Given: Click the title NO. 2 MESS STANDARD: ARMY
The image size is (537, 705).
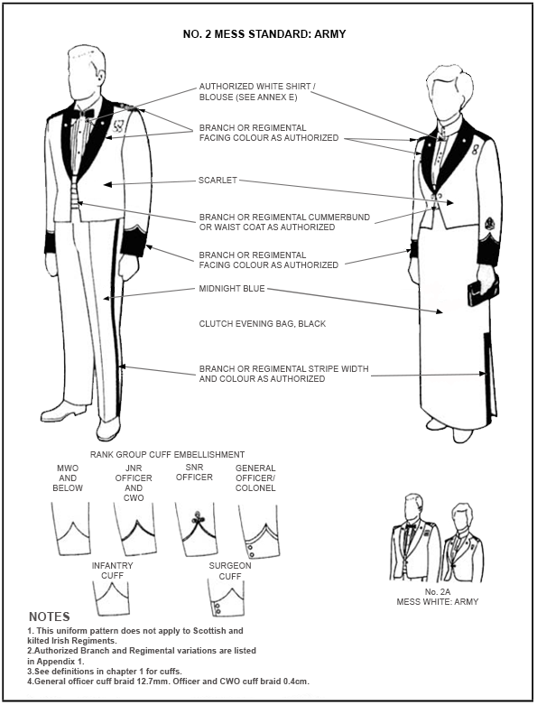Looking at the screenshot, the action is click(x=264, y=33).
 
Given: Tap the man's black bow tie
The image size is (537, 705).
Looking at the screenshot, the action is click(x=83, y=114).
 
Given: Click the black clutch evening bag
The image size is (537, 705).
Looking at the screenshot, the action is click(x=483, y=291).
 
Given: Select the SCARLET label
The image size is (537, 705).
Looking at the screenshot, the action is click(x=218, y=181).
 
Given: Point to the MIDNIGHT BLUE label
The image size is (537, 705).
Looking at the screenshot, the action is click(x=232, y=289).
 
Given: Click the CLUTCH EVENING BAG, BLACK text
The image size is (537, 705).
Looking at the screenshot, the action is click(x=263, y=324).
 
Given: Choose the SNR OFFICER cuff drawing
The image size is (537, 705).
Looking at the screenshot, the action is click(x=196, y=529).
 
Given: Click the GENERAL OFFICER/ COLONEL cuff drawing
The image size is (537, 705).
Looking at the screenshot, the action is click(x=258, y=532).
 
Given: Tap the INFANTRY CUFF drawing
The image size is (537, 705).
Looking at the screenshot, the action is click(x=112, y=598).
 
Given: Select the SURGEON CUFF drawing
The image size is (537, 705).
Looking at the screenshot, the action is click(x=227, y=598).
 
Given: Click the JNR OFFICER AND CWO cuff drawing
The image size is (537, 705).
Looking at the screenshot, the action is click(x=134, y=529).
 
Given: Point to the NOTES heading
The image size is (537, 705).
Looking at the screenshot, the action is click(x=50, y=617).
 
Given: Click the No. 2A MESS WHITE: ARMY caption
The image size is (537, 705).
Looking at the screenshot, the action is click(x=437, y=597).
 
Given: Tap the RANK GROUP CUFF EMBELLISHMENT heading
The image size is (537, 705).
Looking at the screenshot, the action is click(x=167, y=455).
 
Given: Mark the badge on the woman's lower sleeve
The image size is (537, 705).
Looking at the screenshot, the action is click(x=490, y=223).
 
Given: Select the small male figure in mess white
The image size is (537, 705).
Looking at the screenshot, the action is click(x=414, y=538).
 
